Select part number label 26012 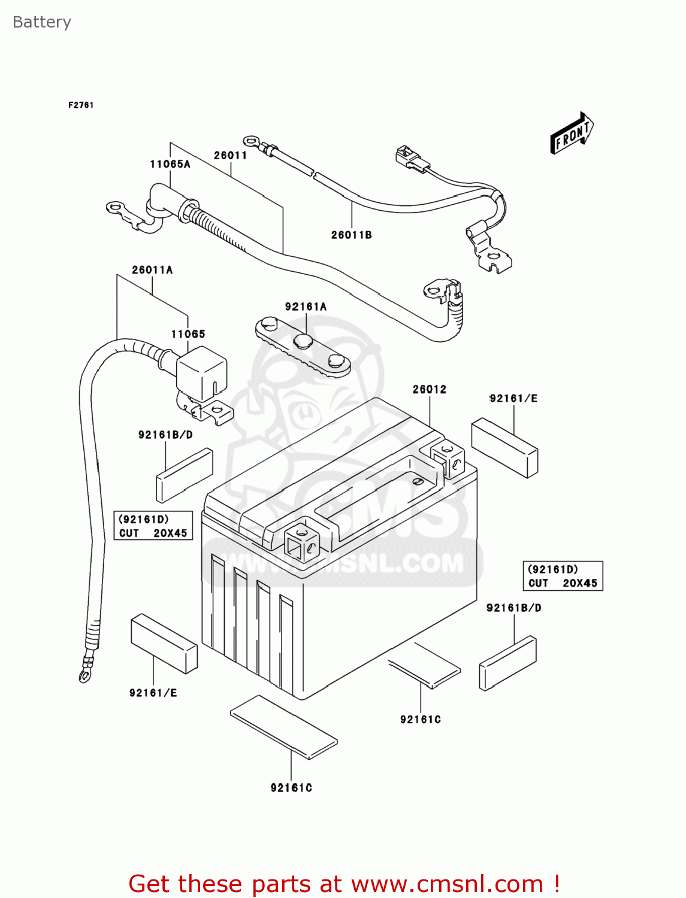pos(429,389)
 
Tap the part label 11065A pos(170,164)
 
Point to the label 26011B pos(351,235)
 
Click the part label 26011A pos(152,270)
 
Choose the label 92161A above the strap pos(306,307)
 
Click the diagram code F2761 pos(81,105)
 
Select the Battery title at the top pos(42,22)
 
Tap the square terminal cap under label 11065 pos(202,375)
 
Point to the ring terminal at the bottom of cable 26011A pos(84,675)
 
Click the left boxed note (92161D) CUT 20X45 pos(153,526)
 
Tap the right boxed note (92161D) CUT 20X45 pos(563,576)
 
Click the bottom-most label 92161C pos(291,788)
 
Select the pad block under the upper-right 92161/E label pos(504,448)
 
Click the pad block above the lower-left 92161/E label pos(164,643)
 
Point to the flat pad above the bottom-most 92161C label pos(284,727)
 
